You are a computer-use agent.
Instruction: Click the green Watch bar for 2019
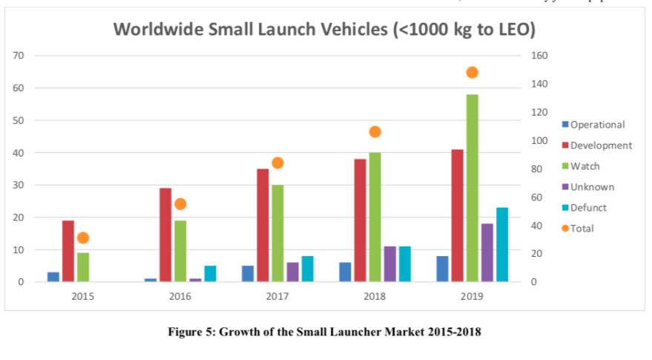[x=472, y=188]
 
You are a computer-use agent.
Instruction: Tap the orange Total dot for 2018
[x=375, y=132]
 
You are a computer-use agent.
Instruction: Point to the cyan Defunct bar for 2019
[x=502, y=244]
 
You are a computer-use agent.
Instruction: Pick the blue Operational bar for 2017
[x=248, y=273]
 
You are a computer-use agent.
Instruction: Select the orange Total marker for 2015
[x=83, y=238]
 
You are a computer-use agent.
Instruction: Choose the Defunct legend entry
[x=587, y=208]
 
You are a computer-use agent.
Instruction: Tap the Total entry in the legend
[x=582, y=229]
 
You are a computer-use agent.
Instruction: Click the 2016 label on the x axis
[x=180, y=295]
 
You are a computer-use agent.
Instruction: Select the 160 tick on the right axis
[x=541, y=56]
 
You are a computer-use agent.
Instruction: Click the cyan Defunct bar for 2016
[x=210, y=273]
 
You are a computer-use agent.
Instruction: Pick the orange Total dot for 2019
[x=472, y=73]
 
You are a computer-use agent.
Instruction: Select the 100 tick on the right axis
[x=541, y=140]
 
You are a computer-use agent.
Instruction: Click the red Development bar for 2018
[x=360, y=220]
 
